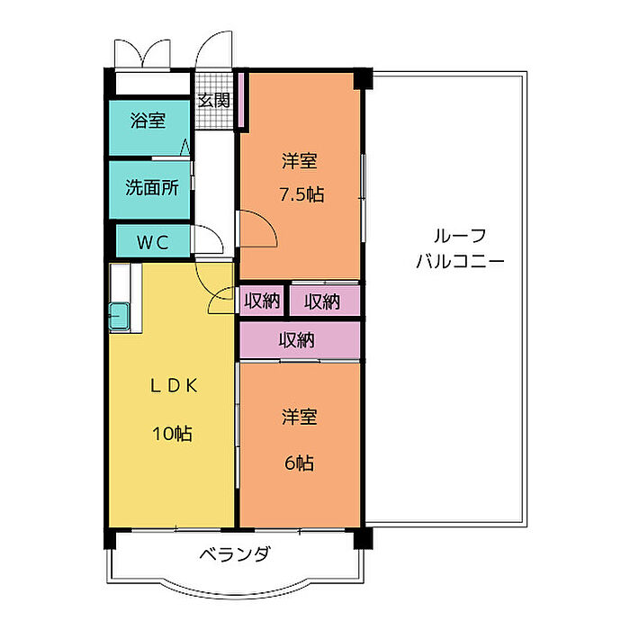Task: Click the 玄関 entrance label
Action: point(214,101)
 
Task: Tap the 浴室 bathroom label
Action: point(148,120)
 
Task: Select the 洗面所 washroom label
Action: point(152,187)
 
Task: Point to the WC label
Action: point(153,242)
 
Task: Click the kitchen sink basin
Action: point(120,317)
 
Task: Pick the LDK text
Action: point(174,386)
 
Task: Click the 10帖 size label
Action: point(172,434)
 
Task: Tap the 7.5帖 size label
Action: point(301,194)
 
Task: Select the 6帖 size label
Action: point(300,463)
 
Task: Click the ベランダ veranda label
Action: point(235,554)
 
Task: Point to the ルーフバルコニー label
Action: point(460,248)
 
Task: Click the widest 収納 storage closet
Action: point(300,340)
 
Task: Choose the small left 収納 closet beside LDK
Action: point(262,301)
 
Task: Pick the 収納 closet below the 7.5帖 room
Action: point(324,301)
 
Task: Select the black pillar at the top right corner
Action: point(364,79)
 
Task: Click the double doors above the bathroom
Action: point(142,53)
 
